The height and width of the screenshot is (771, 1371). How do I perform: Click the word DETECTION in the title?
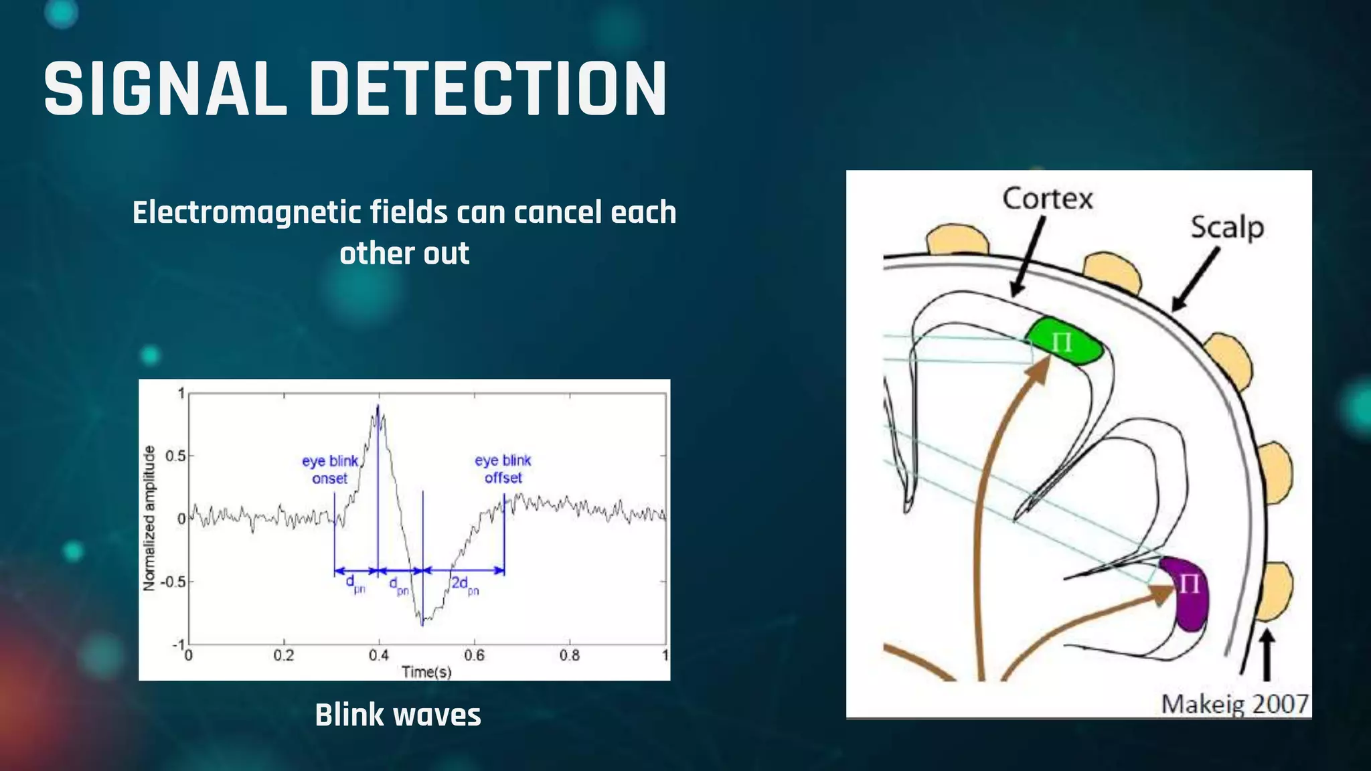[x=488, y=89]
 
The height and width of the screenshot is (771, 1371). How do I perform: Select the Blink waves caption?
[x=398, y=715]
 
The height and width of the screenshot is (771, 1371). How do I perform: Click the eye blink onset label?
[x=330, y=469]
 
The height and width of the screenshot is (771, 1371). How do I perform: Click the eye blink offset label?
[x=503, y=469]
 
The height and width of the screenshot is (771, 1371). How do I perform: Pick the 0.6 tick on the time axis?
[x=474, y=655]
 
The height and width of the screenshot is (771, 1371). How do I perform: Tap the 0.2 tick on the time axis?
[x=283, y=655]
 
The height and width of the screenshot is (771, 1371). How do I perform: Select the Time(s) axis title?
[x=426, y=671]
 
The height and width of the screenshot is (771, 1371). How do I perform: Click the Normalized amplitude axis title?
[x=149, y=518]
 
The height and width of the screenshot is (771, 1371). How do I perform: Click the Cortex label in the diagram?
[x=1048, y=199]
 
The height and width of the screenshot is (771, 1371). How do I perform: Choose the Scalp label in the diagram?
[x=1227, y=228]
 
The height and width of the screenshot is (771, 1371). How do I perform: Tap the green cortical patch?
[x=1064, y=342]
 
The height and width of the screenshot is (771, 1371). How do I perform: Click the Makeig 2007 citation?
[x=1234, y=704]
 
